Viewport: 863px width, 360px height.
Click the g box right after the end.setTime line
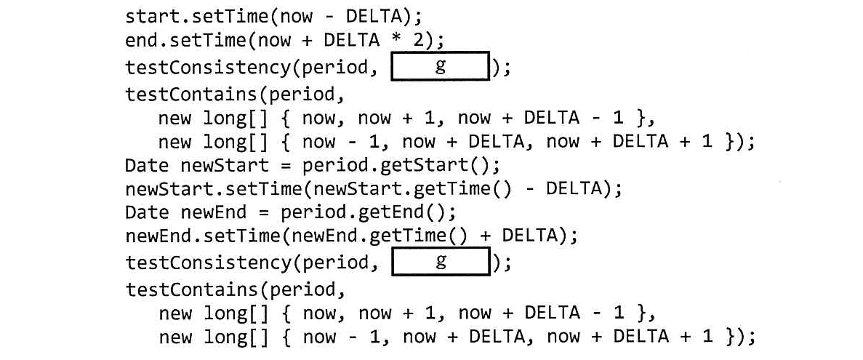[x=440, y=66]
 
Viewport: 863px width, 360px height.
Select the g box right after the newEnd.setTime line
[x=440, y=262]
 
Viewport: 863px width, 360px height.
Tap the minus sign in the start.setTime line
[x=329, y=16]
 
